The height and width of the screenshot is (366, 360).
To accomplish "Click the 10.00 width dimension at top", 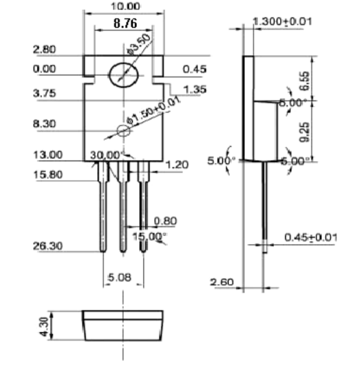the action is tap(125, 6).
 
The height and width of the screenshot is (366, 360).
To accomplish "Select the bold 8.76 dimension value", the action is tap(125, 23).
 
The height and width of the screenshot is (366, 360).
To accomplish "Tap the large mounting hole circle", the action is tap(124, 75).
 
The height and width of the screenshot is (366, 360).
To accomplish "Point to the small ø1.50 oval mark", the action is tap(123, 131).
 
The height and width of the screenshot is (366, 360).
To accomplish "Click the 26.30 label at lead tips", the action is tap(47, 246).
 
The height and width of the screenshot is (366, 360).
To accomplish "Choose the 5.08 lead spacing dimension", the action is tap(120, 278).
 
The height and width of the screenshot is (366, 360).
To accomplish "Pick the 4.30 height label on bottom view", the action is tap(44, 327).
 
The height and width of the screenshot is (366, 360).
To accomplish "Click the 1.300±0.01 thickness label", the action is tap(282, 21).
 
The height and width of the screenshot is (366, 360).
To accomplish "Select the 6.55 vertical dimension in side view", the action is tap(305, 81).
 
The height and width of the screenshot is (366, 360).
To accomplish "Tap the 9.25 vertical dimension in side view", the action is tap(304, 132).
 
